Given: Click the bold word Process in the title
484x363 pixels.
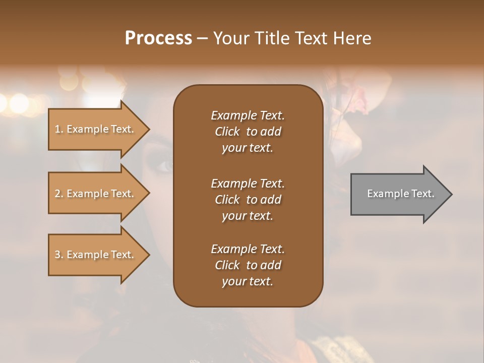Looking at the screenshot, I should tap(158, 38).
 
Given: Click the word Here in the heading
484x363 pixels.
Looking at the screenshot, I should tap(352, 38).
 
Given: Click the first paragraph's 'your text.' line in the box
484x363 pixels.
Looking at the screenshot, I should tap(248, 148).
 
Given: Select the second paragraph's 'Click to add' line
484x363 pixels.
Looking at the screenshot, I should tap(248, 200).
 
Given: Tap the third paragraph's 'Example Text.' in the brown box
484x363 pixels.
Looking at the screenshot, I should tap(248, 249).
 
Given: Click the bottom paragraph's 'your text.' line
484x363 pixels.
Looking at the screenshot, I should tap(248, 282).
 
